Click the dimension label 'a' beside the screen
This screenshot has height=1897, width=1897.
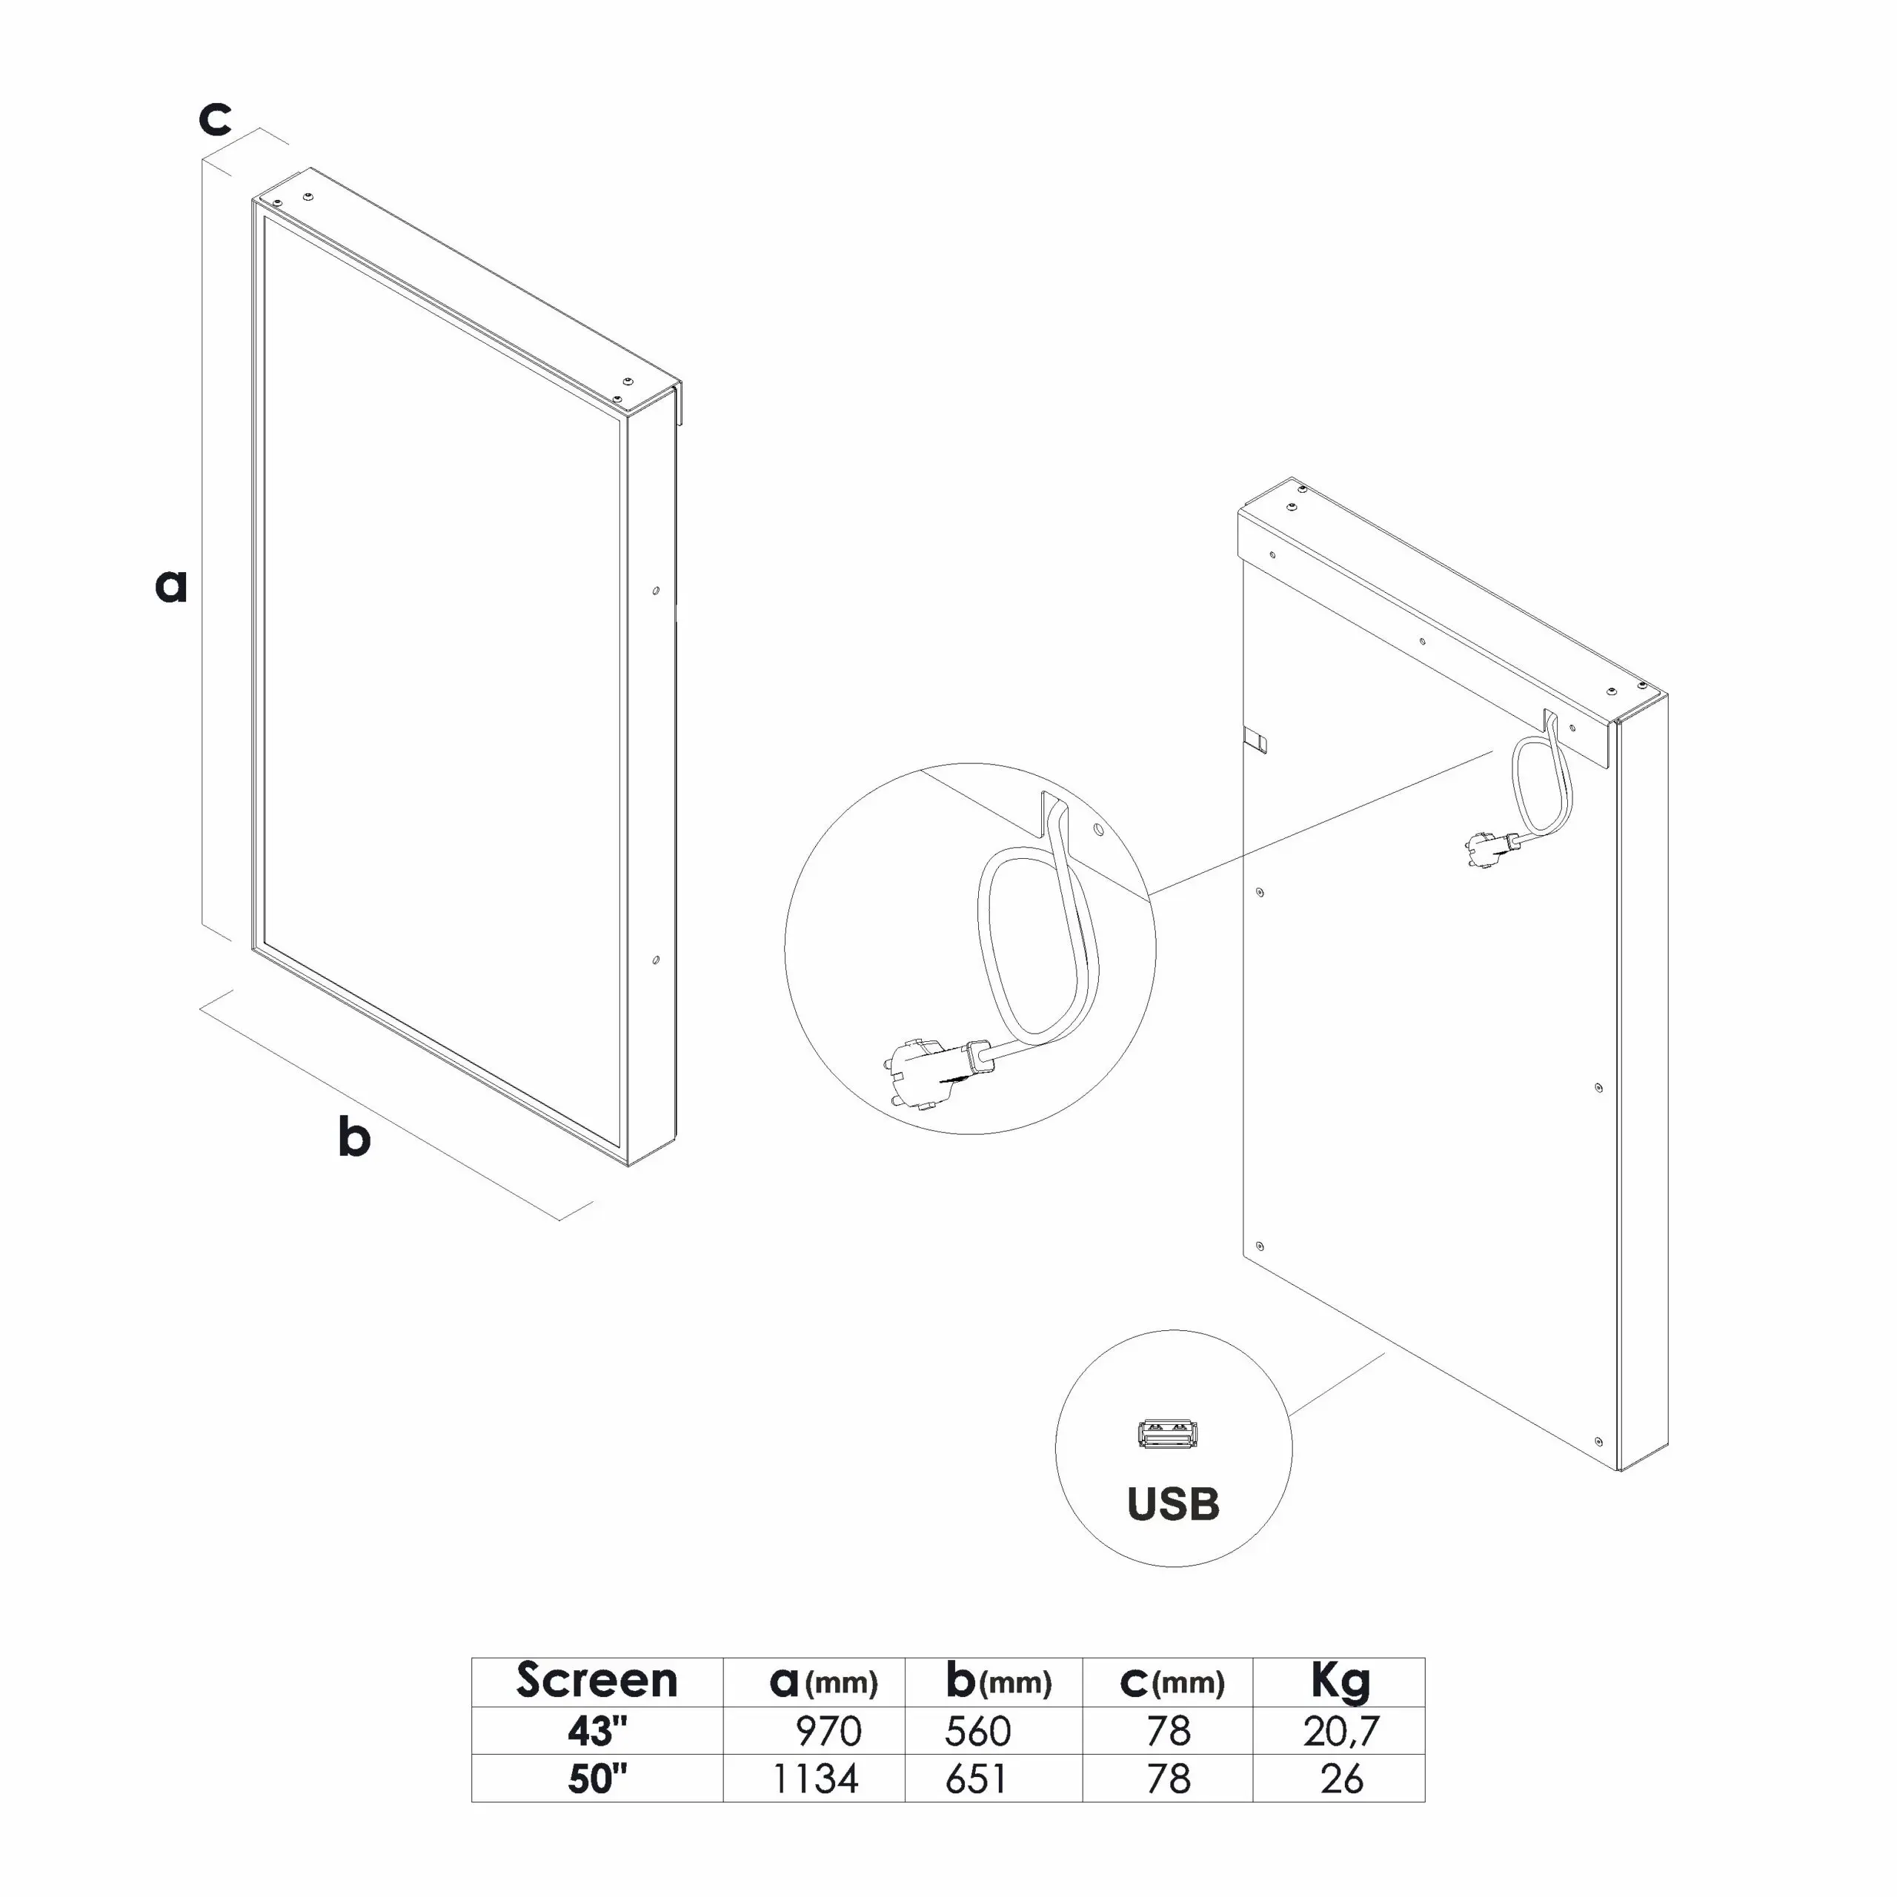point(171,585)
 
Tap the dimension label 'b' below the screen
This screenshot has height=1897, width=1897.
point(354,1136)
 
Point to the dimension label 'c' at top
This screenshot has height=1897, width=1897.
point(215,118)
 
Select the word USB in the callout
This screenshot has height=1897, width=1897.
point(1173,1505)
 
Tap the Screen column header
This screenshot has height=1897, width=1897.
point(597,1680)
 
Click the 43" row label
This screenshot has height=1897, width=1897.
point(597,1730)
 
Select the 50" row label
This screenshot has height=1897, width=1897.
point(597,1778)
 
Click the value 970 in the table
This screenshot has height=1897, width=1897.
point(828,1731)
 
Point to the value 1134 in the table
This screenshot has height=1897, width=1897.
point(816,1779)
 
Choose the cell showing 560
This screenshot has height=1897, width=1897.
point(978,1731)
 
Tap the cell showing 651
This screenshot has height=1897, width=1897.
point(976,1779)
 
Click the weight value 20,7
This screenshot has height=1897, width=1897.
point(1341,1732)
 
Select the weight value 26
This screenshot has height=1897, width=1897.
point(1342,1779)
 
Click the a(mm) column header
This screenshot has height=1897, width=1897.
point(823,1681)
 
